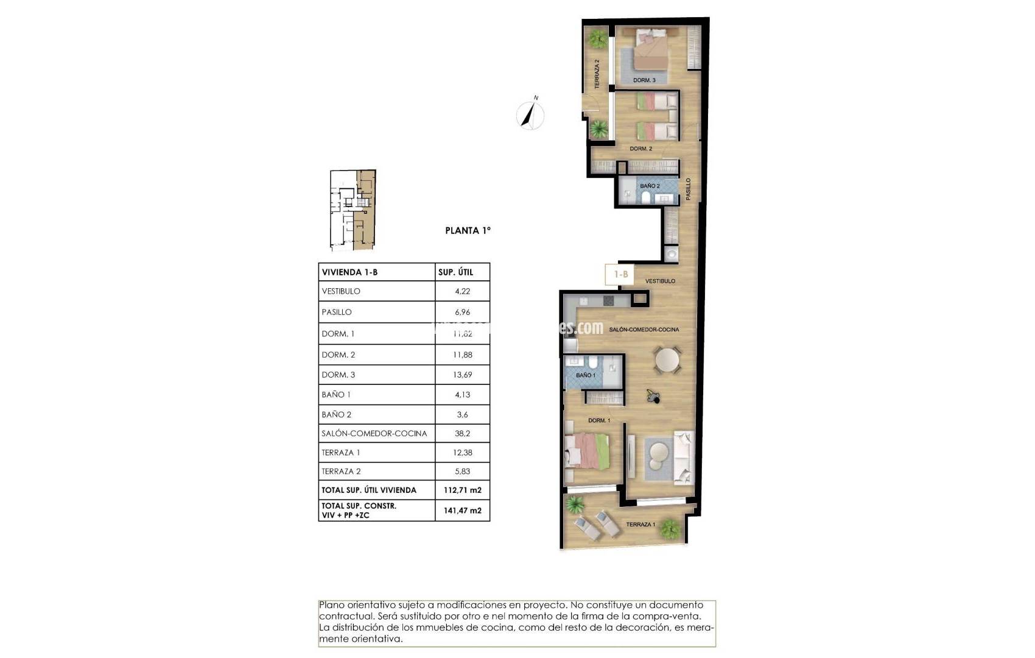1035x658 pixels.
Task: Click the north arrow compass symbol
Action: [530, 115]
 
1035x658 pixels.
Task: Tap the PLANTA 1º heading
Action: [468, 230]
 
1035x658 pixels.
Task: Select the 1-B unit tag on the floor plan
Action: [620, 274]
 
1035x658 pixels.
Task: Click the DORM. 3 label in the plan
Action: [644, 80]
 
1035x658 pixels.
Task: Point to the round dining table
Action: [667, 359]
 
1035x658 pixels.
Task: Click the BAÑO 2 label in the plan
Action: [650, 186]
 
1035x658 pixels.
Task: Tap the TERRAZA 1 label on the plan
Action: [640, 525]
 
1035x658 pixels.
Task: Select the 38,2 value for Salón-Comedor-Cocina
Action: [462, 433]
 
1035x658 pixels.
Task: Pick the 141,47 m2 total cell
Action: [462, 511]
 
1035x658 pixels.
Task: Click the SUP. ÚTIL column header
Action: [455, 272]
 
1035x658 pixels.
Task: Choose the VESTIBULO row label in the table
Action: [341, 291]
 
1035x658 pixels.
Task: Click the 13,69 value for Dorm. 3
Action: [462, 375]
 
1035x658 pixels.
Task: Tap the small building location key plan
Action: [353, 210]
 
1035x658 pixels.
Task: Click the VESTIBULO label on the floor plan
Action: [660, 281]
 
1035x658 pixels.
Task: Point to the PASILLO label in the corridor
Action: [689, 189]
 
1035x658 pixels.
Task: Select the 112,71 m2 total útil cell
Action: [462, 490]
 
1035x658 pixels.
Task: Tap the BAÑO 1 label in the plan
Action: [586, 375]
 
